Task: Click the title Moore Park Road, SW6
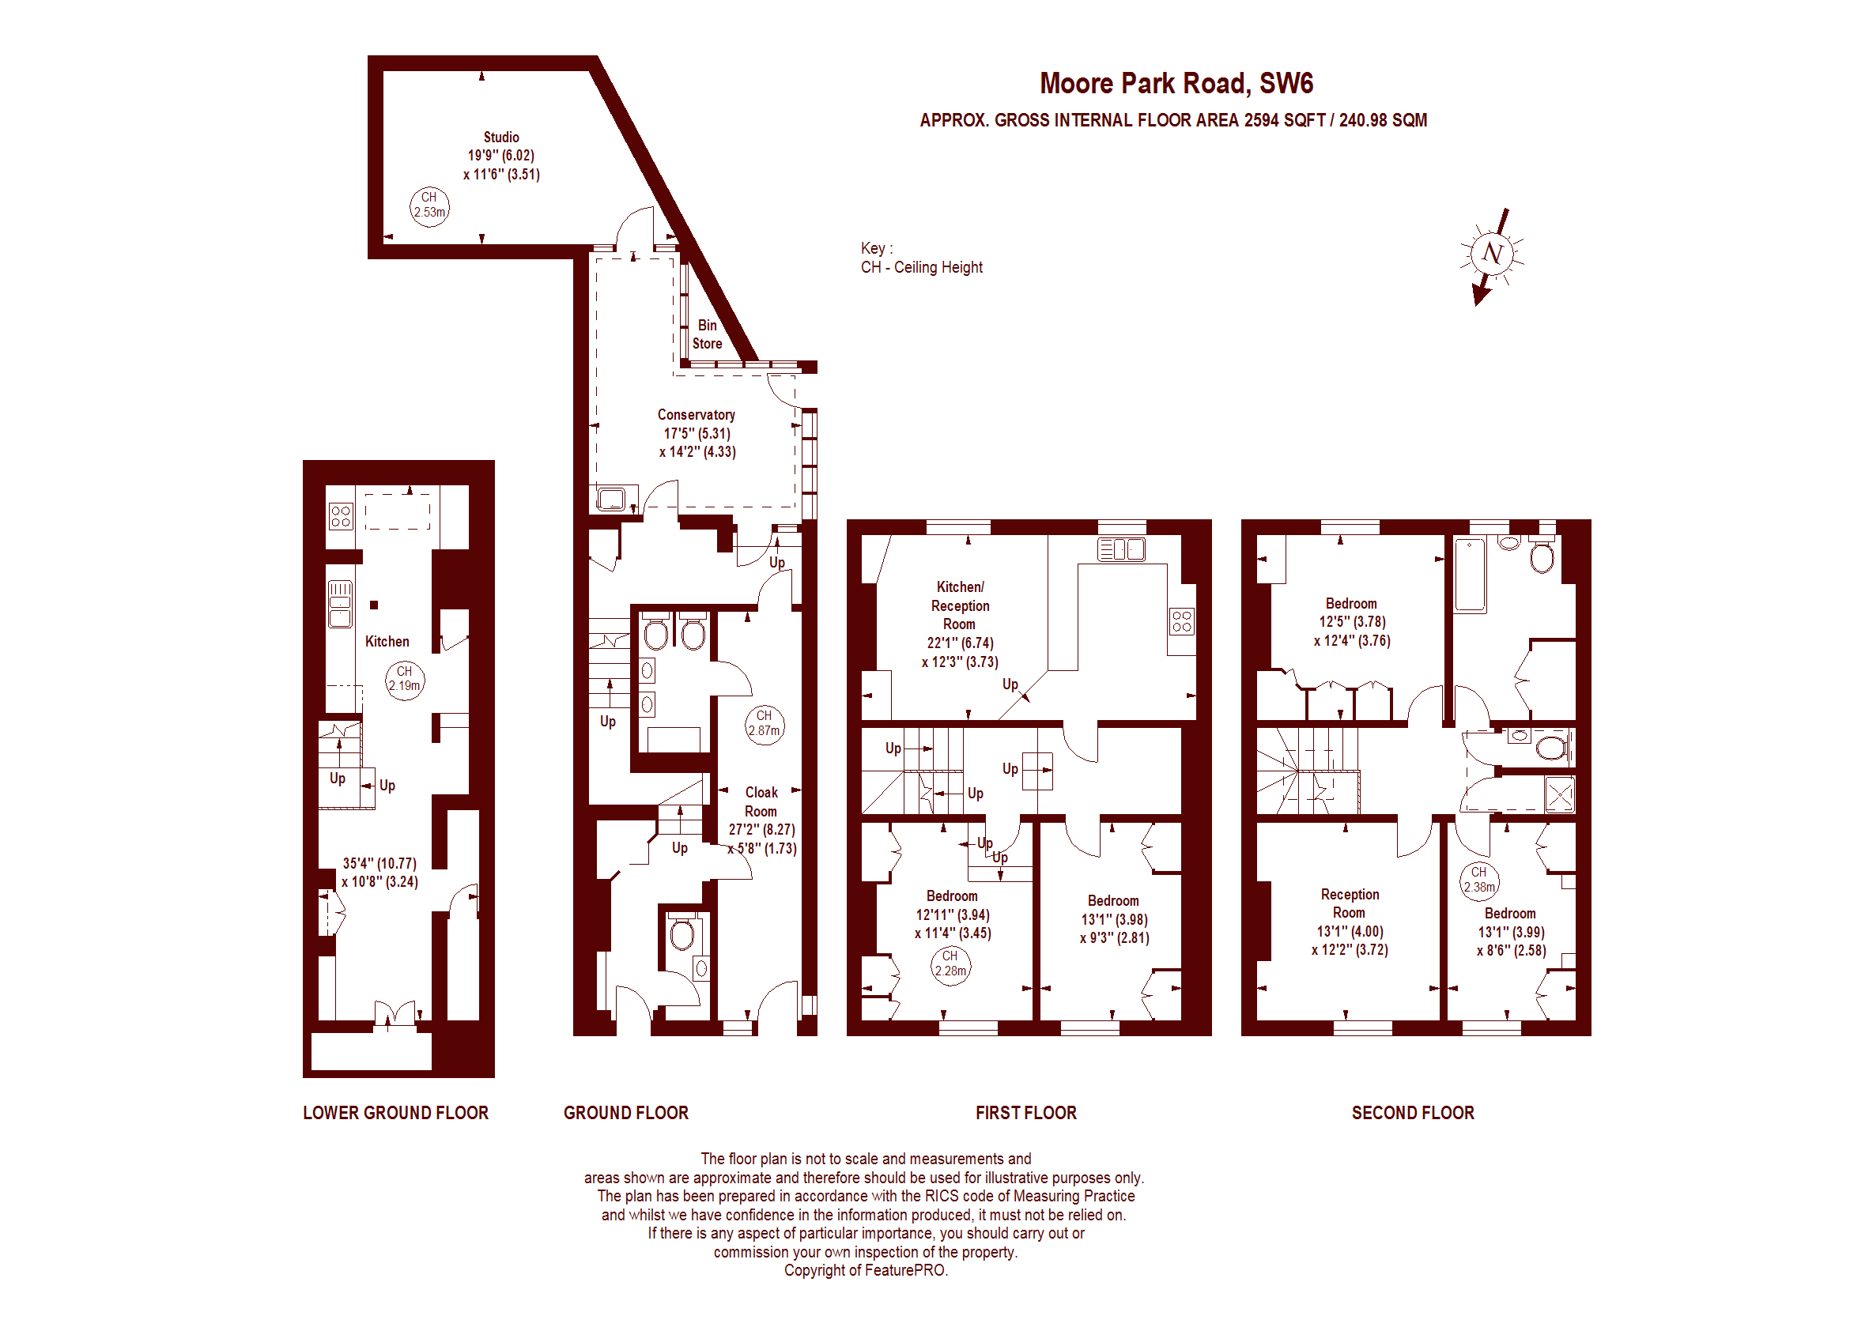[x=1176, y=84]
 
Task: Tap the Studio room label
[x=501, y=138]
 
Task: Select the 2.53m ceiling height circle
[x=429, y=207]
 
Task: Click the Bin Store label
[x=708, y=334]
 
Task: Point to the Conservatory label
[x=696, y=415]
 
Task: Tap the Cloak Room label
[x=761, y=801]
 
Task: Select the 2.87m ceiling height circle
[x=764, y=726]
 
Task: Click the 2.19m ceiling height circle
[x=405, y=681]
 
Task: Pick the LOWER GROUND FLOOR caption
[x=395, y=1112]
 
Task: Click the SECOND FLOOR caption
[x=1412, y=1112]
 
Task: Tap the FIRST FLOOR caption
[x=1025, y=1112]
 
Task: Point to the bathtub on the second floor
[x=1470, y=575]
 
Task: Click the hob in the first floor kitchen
[x=1181, y=621]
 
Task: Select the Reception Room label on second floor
[x=1350, y=903]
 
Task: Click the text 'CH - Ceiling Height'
[x=921, y=267]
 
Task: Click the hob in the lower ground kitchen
[x=341, y=516]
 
